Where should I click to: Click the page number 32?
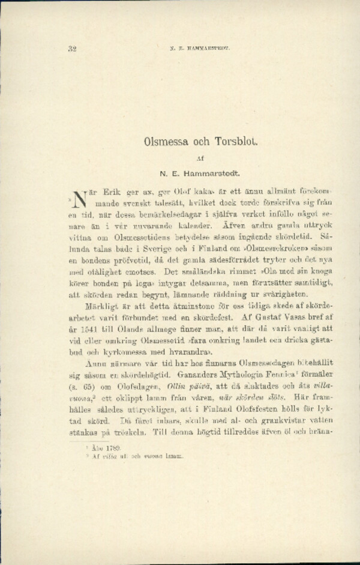point(72,49)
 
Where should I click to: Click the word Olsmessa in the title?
point(166,142)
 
